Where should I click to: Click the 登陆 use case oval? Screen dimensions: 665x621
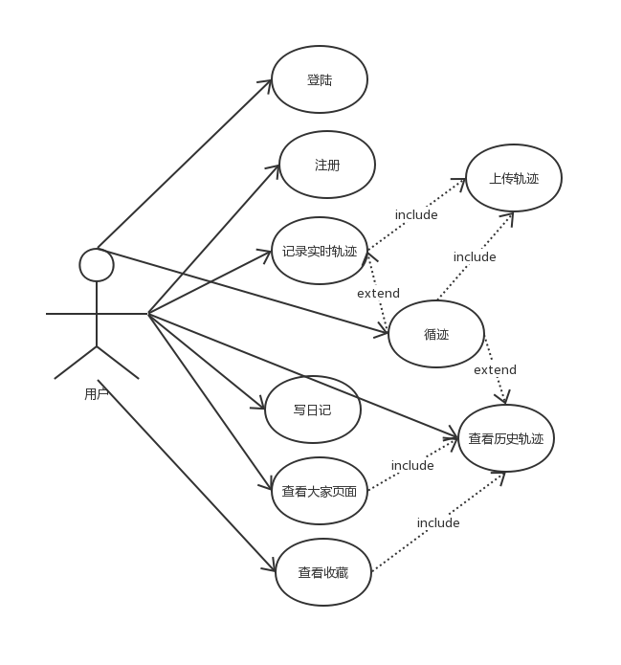[320, 80]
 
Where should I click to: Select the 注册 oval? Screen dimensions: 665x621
[327, 166]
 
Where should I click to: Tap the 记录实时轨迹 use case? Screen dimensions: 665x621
[320, 252]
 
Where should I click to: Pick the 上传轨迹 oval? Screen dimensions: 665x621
[514, 178]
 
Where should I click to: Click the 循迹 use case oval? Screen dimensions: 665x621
[436, 334]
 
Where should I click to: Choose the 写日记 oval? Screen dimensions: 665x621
[312, 410]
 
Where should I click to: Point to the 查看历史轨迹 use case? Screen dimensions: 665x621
[506, 438]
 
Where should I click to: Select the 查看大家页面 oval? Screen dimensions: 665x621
[320, 491]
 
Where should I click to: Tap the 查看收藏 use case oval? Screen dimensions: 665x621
[322, 573]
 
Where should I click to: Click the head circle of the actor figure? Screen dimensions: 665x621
[97, 265]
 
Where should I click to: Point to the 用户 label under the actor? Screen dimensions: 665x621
[96, 393]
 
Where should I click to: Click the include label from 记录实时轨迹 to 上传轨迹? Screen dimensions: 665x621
[416, 214]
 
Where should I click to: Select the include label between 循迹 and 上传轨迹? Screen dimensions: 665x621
[475, 256]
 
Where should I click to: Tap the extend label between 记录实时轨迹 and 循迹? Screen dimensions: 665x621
[378, 293]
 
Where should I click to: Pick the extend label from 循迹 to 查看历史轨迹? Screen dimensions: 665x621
[495, 369]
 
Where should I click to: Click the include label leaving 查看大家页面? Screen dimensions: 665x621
[412, 465]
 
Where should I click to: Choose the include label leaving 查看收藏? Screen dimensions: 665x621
[438, 522]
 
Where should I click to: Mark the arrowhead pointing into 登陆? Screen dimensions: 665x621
[267, 83]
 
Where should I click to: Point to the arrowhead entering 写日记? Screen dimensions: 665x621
[260, 407]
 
